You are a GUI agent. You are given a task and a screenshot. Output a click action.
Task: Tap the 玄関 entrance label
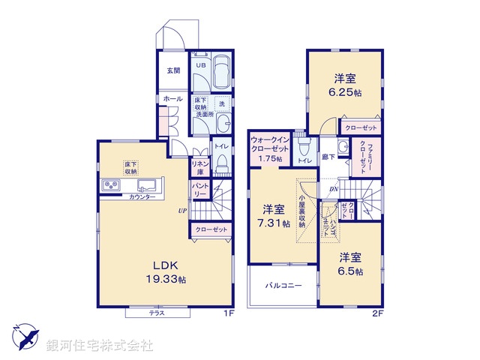click(173, 70)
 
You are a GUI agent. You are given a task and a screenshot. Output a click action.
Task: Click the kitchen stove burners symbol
click(111, 184)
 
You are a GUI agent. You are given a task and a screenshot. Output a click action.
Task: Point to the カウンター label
click(142, 196)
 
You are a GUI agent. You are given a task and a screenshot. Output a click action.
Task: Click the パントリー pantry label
click(199, 189)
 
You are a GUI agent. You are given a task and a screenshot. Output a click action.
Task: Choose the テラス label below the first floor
click(157, 313)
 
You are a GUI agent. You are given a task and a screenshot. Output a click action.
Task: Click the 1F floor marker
click(229, 313)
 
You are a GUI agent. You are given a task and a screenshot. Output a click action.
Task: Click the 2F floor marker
click(379, 313)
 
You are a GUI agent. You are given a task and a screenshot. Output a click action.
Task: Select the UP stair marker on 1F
click(181, 210)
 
